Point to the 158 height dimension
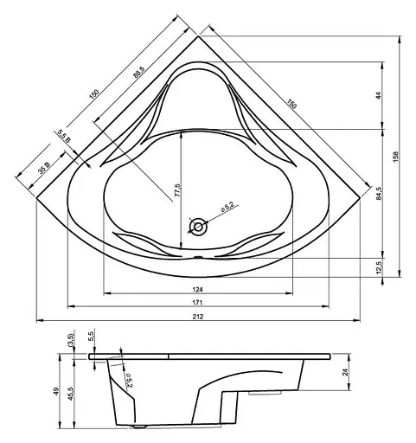395,156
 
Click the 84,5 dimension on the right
378,193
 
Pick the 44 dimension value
378,95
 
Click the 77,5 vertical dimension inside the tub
176,191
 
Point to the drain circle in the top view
199,228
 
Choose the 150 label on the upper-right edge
291,103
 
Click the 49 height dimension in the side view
57,391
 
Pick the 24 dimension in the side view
346,373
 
